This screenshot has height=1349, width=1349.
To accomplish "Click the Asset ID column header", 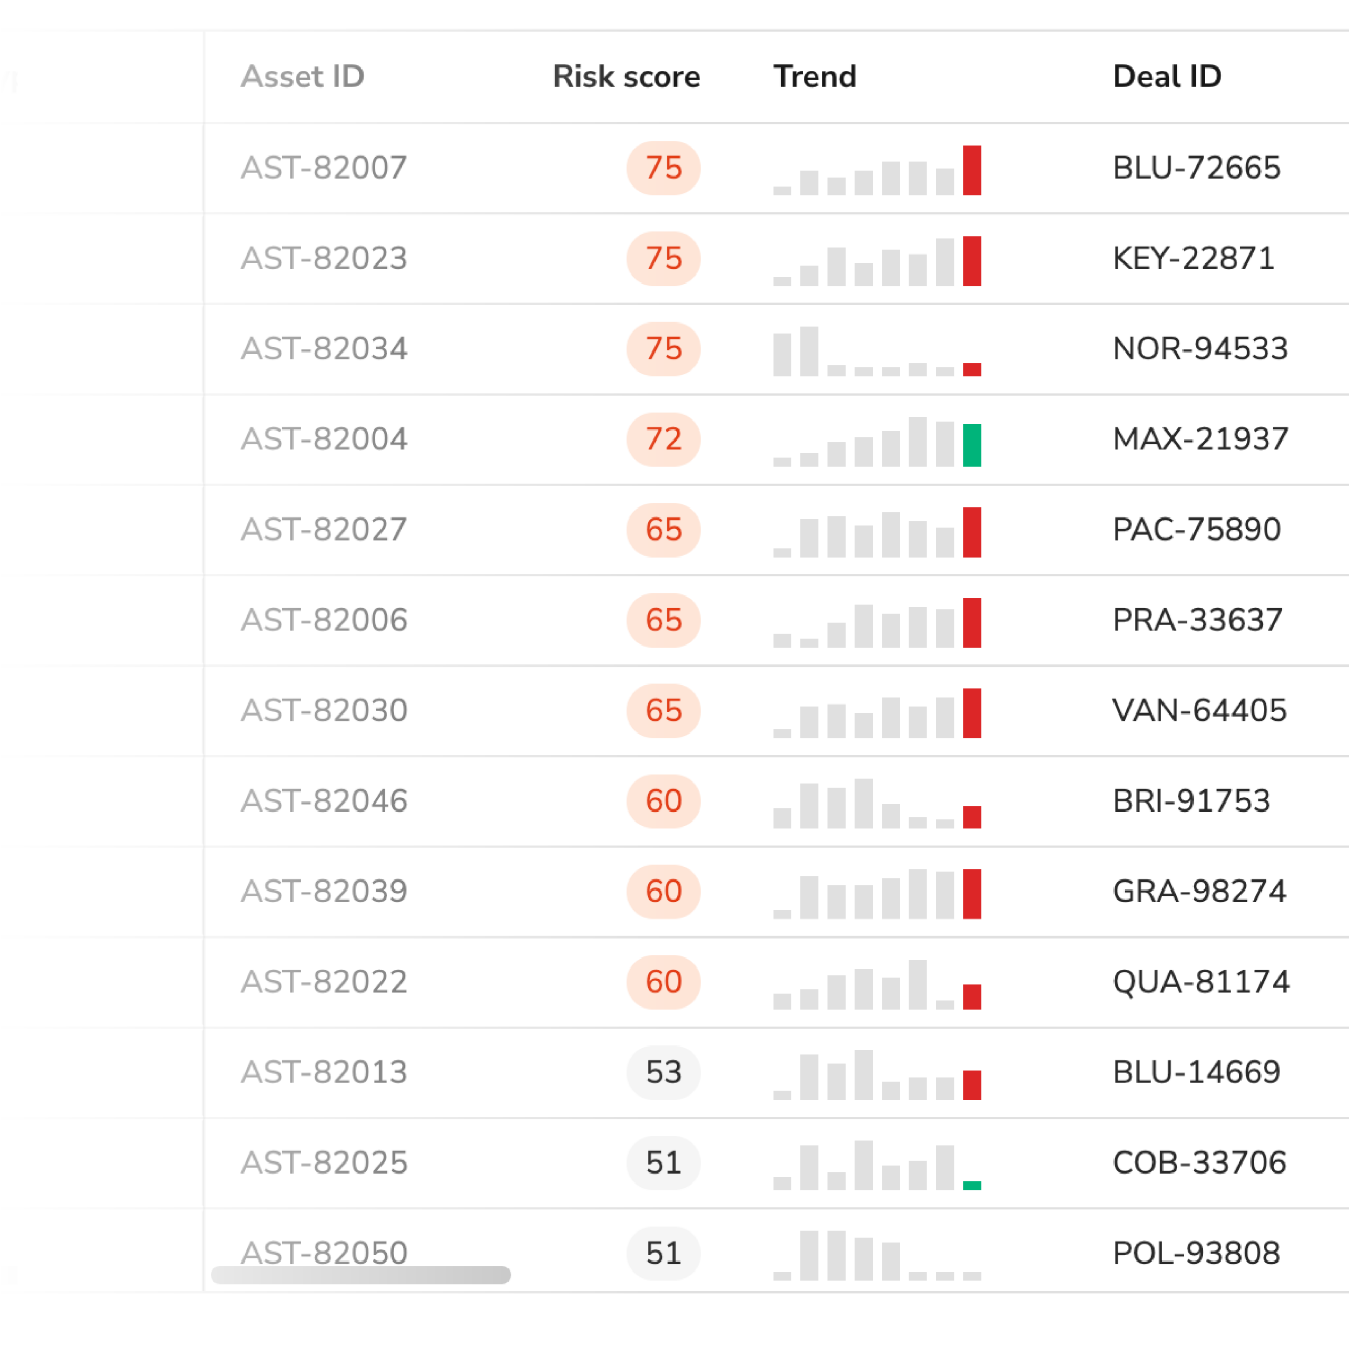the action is point(302,76).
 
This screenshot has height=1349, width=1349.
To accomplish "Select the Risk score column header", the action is point(627,76).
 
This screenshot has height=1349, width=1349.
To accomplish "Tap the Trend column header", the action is point(814,76).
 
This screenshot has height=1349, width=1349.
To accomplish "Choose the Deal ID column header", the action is point(1167,76).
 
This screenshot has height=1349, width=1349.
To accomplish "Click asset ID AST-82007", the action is point(324,168).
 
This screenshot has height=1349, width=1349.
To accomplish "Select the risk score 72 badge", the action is point(663,439).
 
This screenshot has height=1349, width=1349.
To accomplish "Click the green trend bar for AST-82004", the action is point(972,445).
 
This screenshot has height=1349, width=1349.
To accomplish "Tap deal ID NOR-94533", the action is point(1199,348).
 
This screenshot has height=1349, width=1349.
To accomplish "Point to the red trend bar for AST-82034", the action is point(972,369).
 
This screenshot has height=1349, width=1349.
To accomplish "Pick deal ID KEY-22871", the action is point(1194,258).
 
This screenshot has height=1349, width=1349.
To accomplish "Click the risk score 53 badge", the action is point(663,1072).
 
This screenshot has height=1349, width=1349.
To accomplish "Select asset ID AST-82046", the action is point(324,801).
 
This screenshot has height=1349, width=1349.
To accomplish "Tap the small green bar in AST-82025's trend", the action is point(972,1186).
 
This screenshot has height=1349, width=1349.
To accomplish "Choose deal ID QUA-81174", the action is point(1201,982).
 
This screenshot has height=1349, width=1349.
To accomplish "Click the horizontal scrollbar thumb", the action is point(360,1275).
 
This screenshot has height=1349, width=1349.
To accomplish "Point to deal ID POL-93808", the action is point(1196,1253).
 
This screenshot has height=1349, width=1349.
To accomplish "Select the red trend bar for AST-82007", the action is point(972,170).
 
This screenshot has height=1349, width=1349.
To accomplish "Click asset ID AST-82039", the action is point(324,891).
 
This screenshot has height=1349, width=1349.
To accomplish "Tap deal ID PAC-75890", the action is point(1197,529).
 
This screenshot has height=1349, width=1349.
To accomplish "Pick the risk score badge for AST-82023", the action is point(663,258).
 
